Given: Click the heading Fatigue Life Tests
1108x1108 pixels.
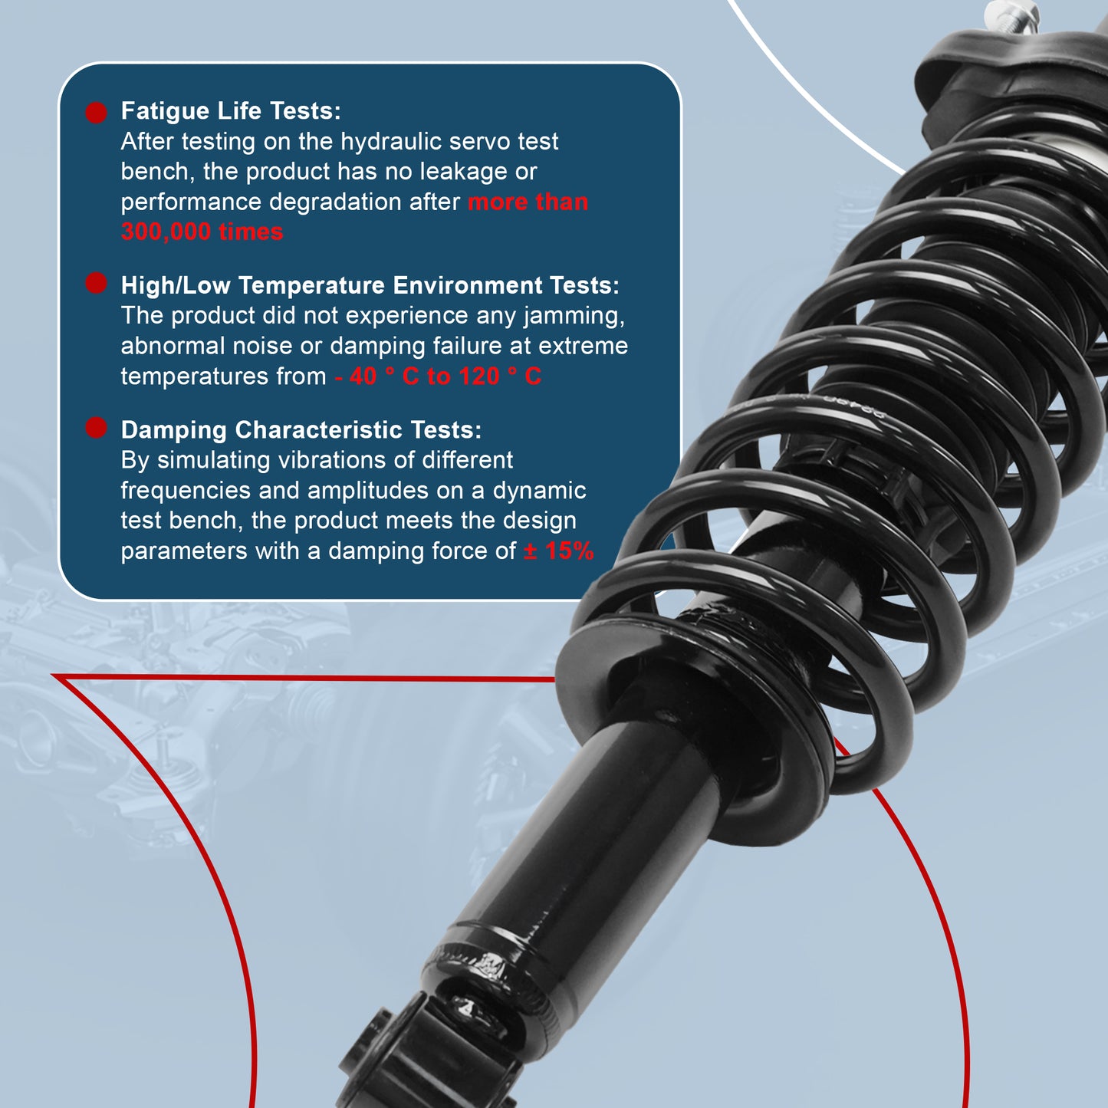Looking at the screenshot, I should click(231, 111).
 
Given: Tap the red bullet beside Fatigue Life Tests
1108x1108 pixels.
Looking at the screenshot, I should click(96, 113).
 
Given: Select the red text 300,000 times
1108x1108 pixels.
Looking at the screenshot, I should click(202, 232).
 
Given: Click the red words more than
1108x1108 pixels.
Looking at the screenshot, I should click(528, 202).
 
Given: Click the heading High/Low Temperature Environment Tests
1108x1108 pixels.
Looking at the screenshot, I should click(370, 285).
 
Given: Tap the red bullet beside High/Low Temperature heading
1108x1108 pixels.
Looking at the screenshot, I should click(96, 283).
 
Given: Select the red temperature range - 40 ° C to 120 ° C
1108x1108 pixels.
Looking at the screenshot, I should click(438, 376).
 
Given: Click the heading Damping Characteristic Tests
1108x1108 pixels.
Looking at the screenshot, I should click(301, 430).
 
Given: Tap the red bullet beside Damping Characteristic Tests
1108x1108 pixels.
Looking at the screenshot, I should click(96, 428).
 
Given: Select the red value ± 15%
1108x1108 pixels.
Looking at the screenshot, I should click(558, 551).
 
